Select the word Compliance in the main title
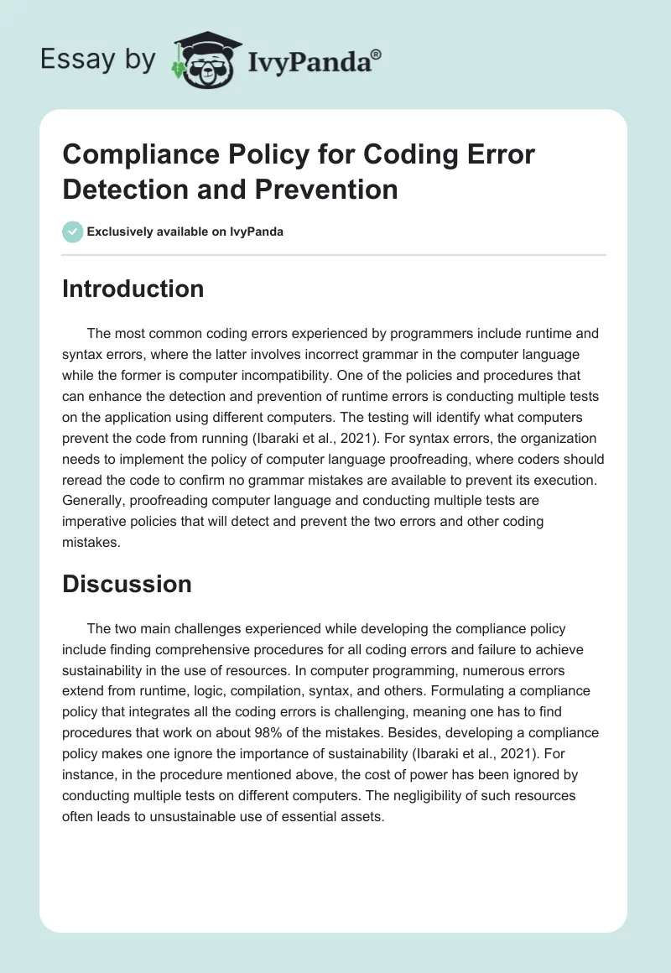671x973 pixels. [x=141, y=155]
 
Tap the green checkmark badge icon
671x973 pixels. [x=73, y=232]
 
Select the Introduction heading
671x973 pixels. [x=133, y=289]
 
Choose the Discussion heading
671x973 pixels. [x=127, y=584]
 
